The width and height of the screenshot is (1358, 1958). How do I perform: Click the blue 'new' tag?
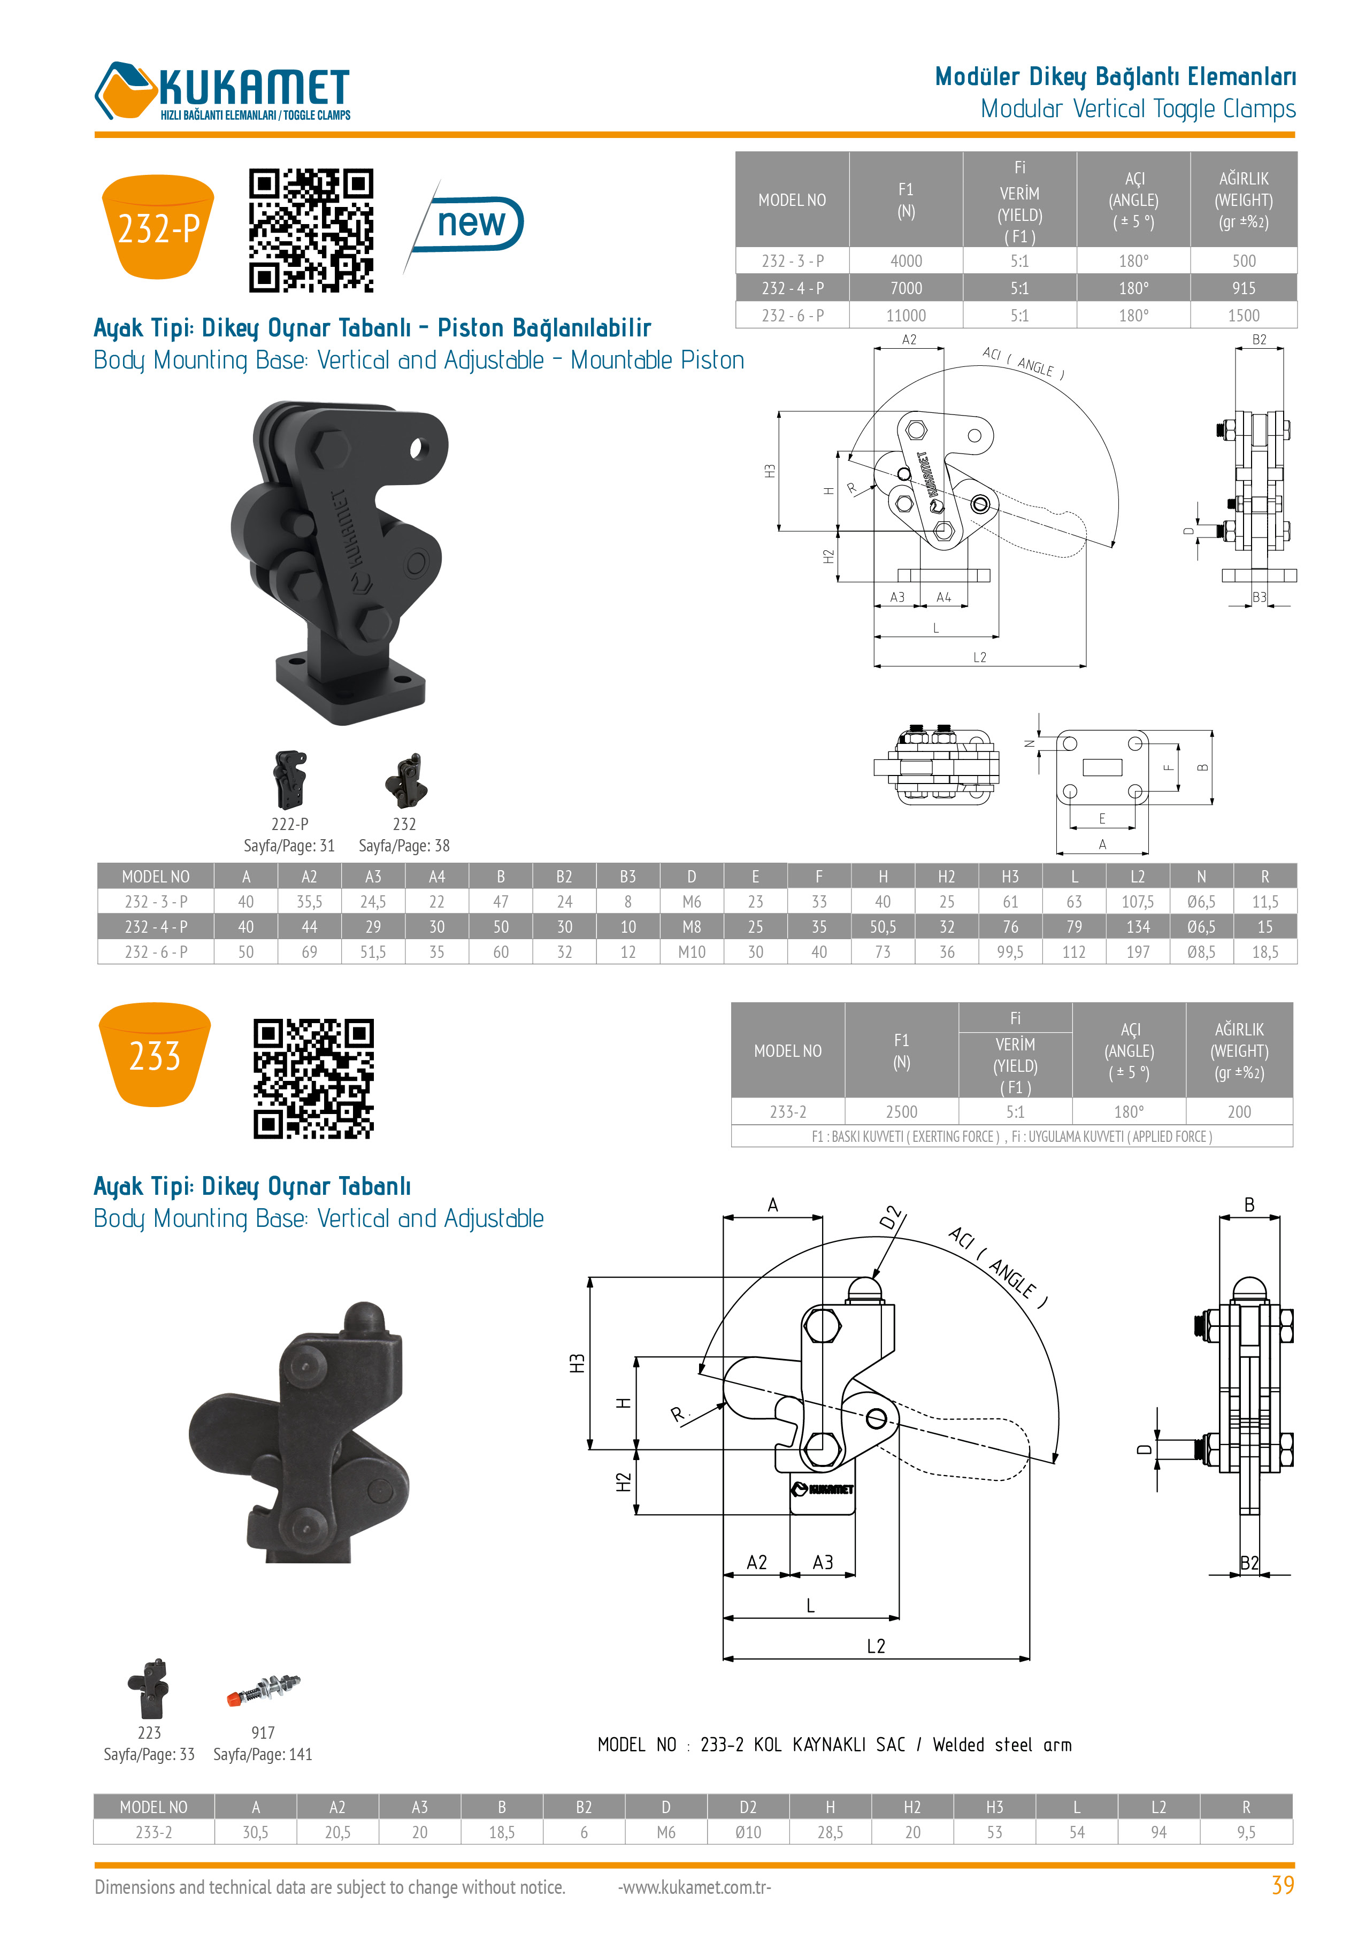(x=469, y=224)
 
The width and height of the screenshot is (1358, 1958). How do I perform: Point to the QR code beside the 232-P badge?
(x=311, y=231)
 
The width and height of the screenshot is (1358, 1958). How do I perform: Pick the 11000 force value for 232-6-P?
(x=906, y=316)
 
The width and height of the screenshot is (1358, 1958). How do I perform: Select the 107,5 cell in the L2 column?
(x=1138, y=902)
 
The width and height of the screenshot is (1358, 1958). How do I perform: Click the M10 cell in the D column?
(x=691, y=952)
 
